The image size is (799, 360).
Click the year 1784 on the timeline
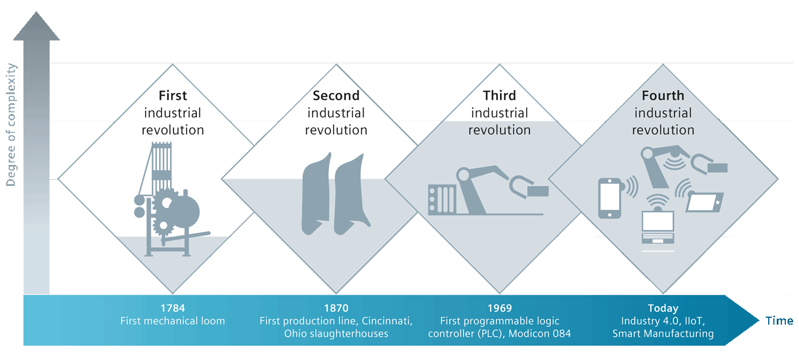click(172, 309)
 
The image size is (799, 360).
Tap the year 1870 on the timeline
click(336, 309)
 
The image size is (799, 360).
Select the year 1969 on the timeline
click(499, 309)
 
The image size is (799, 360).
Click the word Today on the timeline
click(663, 309)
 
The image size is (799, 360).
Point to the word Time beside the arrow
click(779, 321)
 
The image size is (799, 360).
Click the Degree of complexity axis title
click(11, 125)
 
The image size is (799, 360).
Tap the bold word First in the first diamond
click(172, 95)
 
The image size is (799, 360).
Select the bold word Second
click(336, 95)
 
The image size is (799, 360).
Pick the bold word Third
click(499, 95)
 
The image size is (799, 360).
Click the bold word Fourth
click(663, 95)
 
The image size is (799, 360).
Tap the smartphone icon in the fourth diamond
click(609, 198)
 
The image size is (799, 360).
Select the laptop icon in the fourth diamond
click(657, 228)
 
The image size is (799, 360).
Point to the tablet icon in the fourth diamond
click(704, 201)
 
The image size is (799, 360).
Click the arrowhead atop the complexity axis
click(37, 29)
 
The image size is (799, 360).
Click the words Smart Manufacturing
click(663, 334)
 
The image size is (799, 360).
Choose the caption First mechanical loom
click(172, 321)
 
